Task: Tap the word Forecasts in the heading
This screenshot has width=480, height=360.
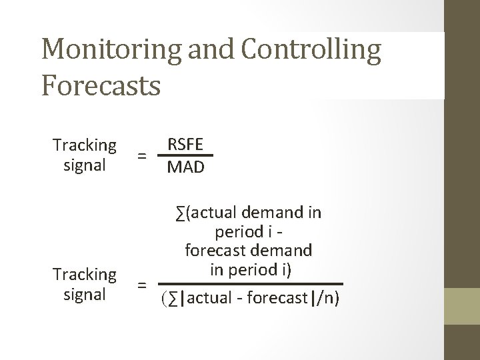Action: tap(101, 85)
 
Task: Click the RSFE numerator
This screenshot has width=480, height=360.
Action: tap(186, 145)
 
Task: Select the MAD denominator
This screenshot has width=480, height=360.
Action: tap(186, 167)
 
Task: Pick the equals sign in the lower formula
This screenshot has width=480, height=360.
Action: tap(141, 285)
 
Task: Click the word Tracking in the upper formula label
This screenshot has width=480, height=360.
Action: tap(85, 145)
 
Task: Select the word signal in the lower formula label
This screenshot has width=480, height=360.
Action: tap(85, 295)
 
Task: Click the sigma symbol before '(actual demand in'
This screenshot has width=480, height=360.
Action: tap(181, 213)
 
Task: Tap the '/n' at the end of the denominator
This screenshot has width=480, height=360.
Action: tap(326, 297)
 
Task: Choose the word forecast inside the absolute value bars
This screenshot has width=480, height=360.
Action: tap(276, 297)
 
